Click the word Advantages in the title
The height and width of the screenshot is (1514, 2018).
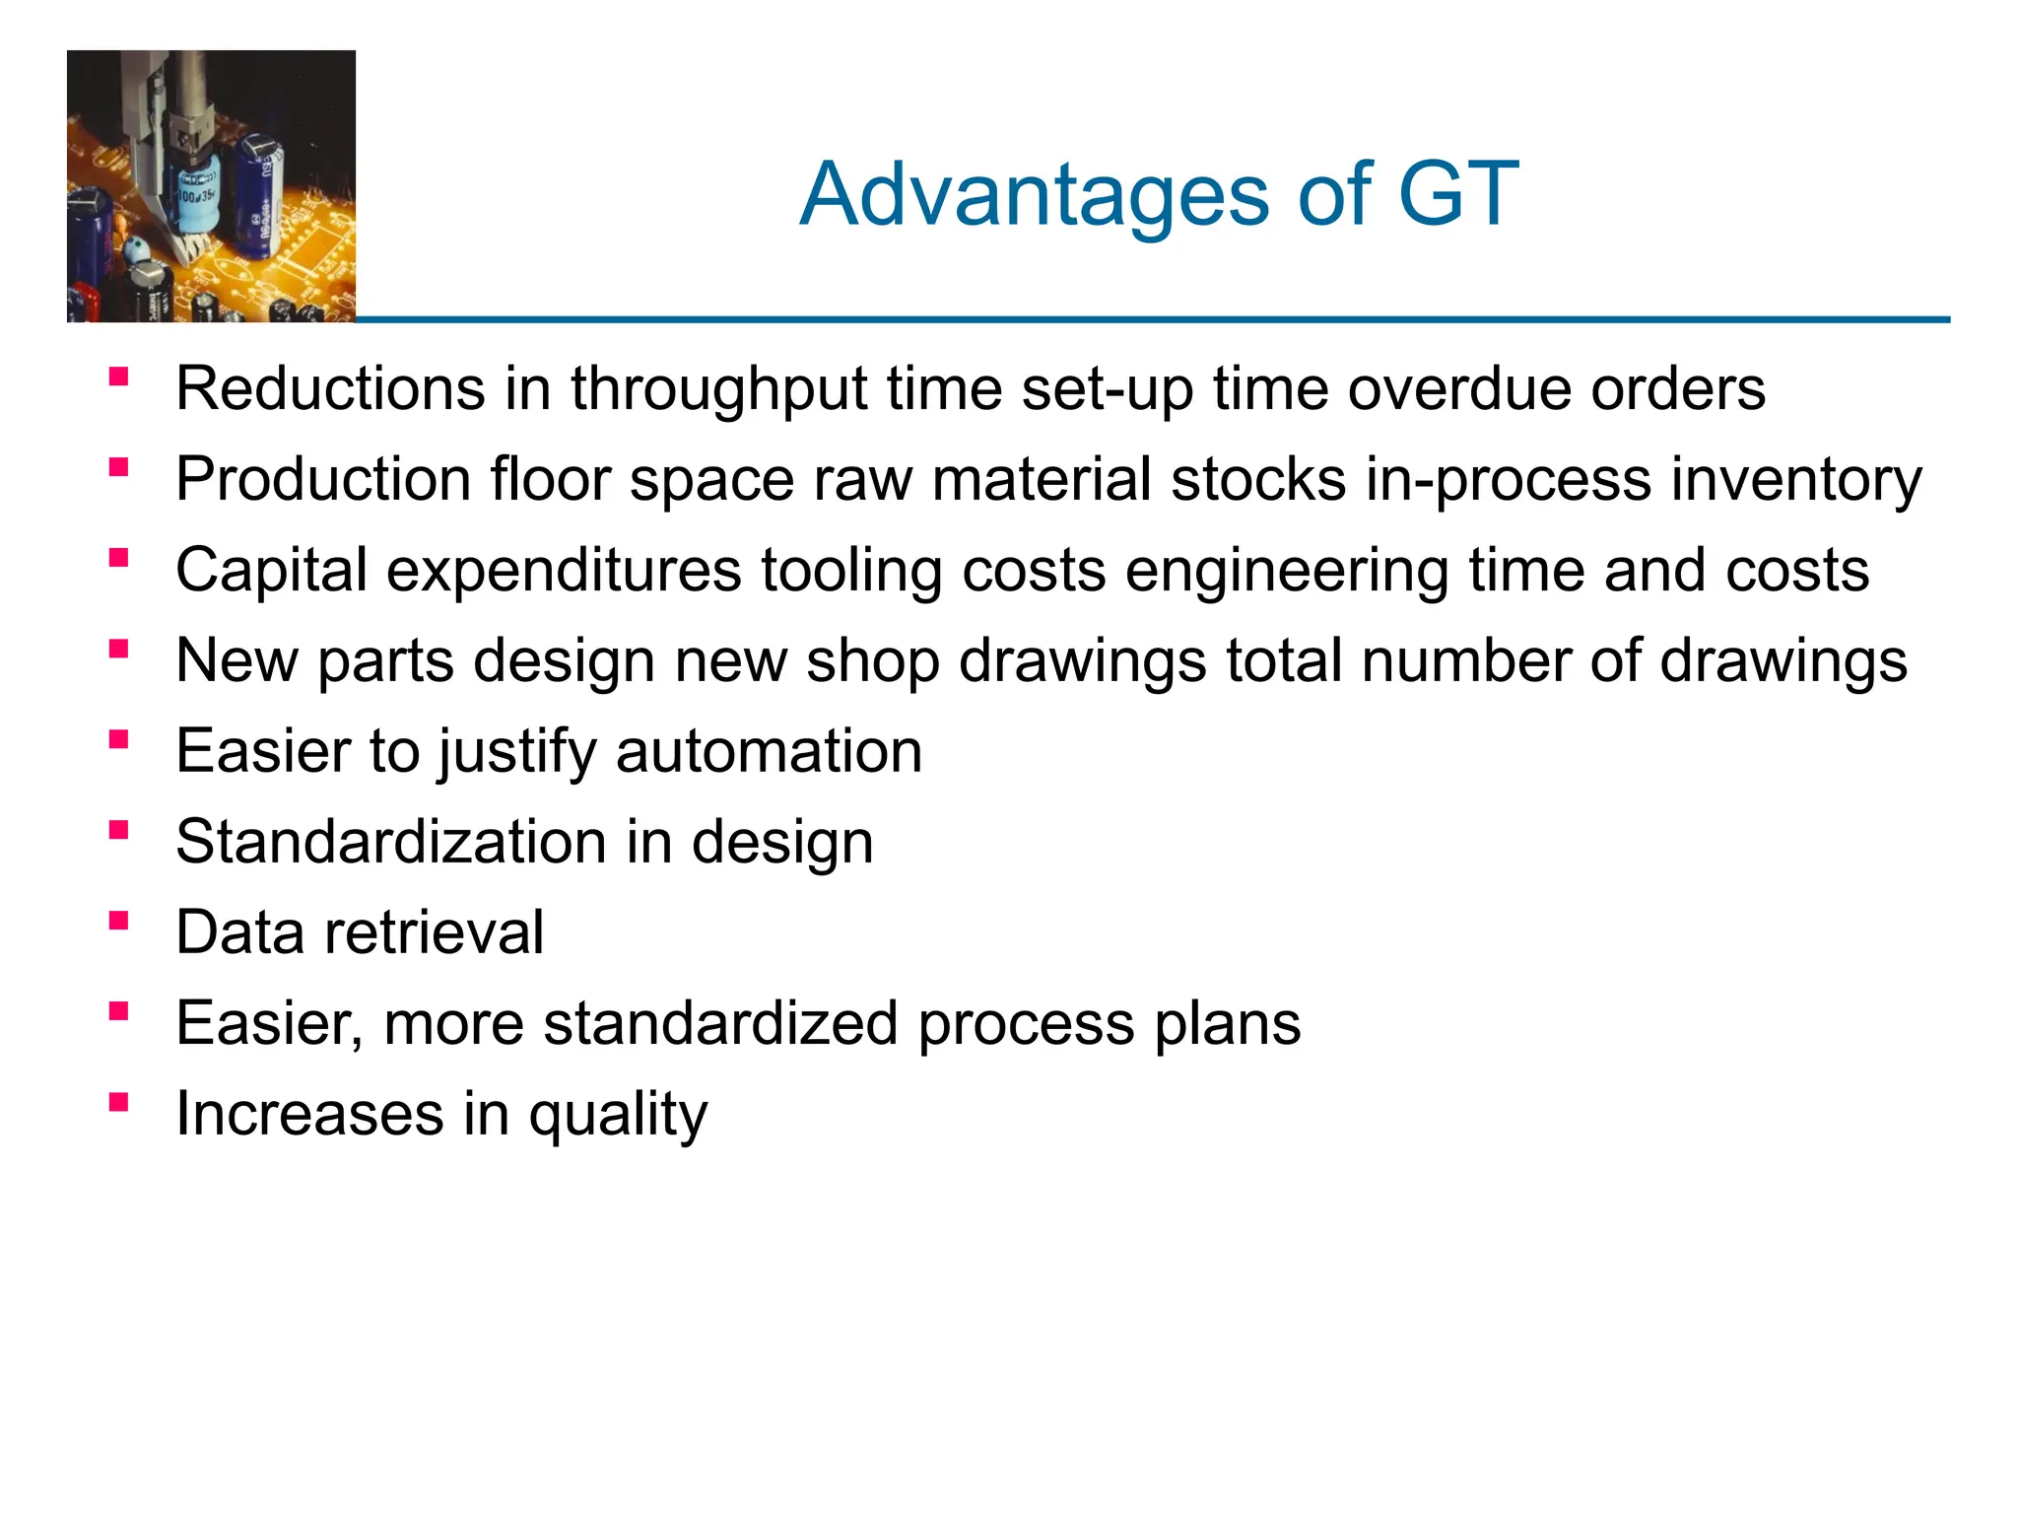click(x=1035, y=195)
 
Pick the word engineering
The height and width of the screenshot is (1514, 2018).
click(x=1286, y=572)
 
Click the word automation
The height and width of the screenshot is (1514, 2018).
click(x=769, y=751)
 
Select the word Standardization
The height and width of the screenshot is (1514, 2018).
click(x=390, y=842)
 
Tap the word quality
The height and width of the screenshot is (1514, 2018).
click(x=618, y=1115)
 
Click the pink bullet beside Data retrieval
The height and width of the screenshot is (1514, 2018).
click(x=119, y=922)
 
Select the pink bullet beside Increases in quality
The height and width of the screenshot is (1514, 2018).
click(x=119, y=1103)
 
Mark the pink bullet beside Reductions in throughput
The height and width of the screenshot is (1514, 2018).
click(x=119, y=377)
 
